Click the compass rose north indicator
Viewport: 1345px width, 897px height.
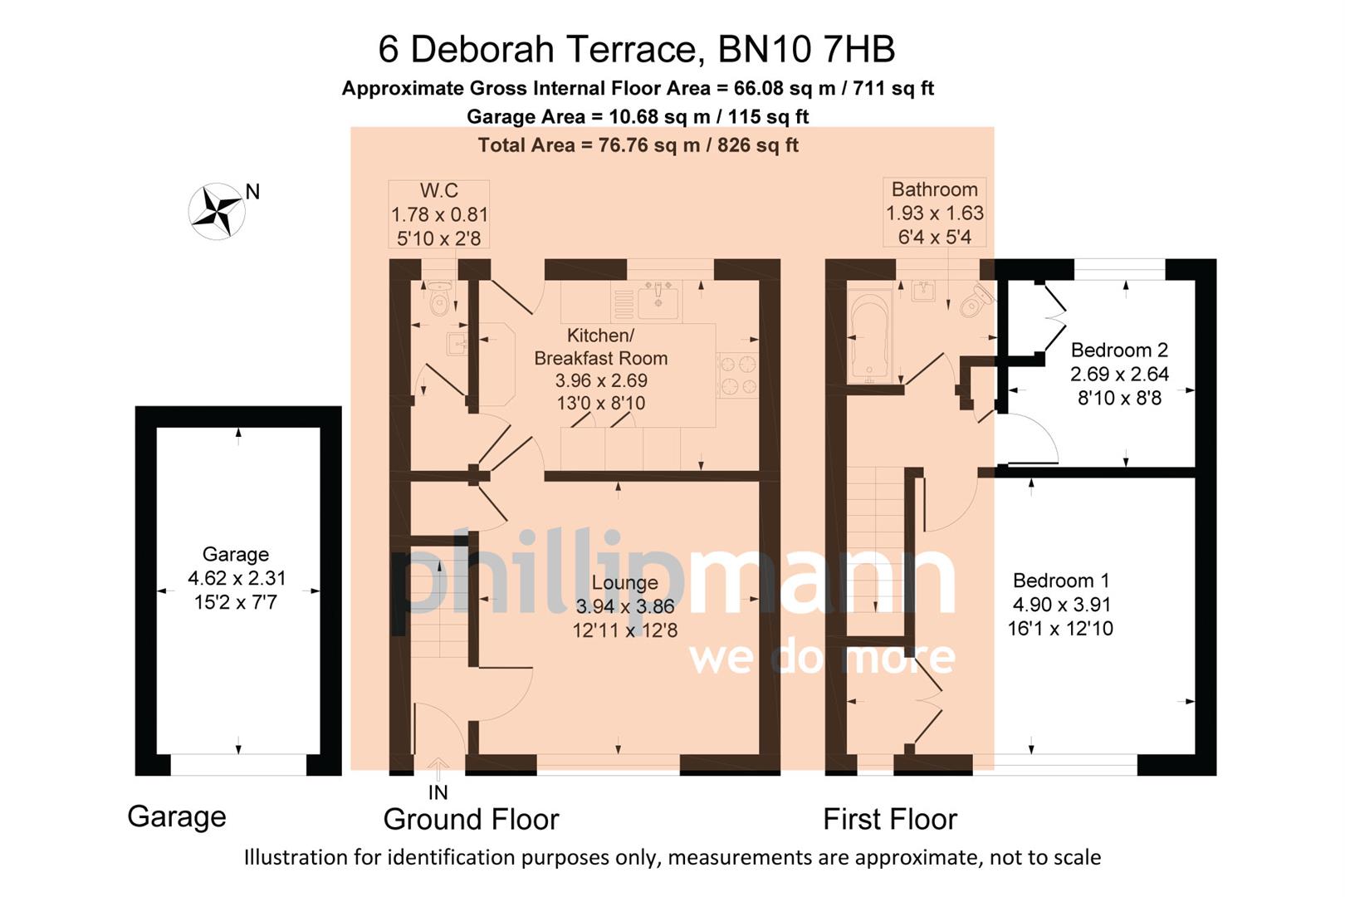click(x=218, y=211)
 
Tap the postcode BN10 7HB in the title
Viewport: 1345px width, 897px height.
click(x=805, y=49)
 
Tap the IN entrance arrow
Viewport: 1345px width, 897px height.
click(x=438, y=768)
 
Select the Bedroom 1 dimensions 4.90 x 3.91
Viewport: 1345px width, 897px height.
click(x=1060, y=605)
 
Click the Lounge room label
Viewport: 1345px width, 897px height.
click(x=624, y=583)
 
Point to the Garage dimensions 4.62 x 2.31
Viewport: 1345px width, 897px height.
click(x=236, y=578)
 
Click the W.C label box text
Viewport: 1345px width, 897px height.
click(x=438, y=190)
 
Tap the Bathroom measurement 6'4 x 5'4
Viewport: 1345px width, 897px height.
click(x=934, y=237)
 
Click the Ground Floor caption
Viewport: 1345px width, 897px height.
click(x=471, y=819)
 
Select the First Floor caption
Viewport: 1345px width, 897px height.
click(x=889, y=819)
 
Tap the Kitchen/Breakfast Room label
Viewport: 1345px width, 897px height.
click(x=600, y=346)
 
